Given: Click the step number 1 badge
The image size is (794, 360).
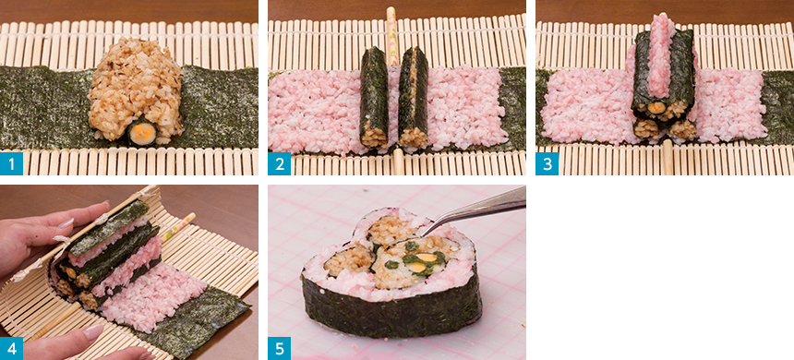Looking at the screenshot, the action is (11, 163).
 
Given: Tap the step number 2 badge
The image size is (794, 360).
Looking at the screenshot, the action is (279, 163).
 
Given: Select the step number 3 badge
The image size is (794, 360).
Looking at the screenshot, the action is (547, 163).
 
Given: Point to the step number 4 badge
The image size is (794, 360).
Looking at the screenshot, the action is (11, 348).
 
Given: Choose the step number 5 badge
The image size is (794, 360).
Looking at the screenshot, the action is (279, 348).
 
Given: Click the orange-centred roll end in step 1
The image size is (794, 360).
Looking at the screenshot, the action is (142, 133).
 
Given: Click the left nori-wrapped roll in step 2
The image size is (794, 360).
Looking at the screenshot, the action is (374, 97).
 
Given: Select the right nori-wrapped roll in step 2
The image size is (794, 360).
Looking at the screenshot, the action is (414, 97).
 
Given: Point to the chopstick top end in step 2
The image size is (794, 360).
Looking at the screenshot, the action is (391, 10).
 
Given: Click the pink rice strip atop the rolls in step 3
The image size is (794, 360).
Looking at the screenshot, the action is (662, 54).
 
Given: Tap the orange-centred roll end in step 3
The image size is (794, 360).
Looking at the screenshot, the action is (657, 108).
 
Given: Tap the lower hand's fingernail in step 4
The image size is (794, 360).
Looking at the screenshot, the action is (93, 331).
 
